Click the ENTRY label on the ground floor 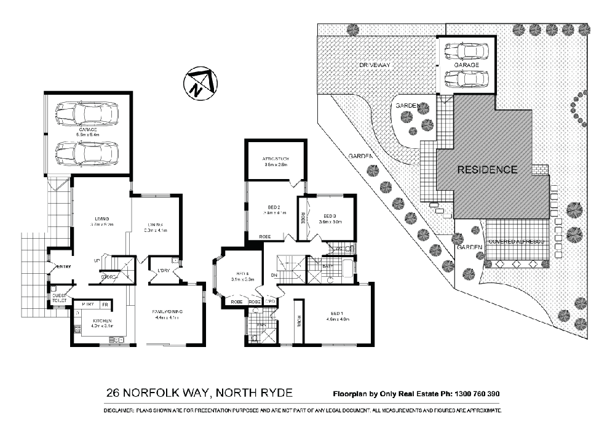click(x=64, y=266)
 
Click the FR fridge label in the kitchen click(x=105, y=305)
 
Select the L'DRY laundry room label click(x=164, y=271)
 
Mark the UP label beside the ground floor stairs click(x=97, y=260)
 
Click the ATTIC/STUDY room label click(x=276, y=159)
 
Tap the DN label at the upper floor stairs click(x=274, y=276)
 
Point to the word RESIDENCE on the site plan click(x=486, y=169)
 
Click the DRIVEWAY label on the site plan click(x=375, y=65)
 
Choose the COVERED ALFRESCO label click(x=517, y=242)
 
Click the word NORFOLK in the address click(x=167, y=393)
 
